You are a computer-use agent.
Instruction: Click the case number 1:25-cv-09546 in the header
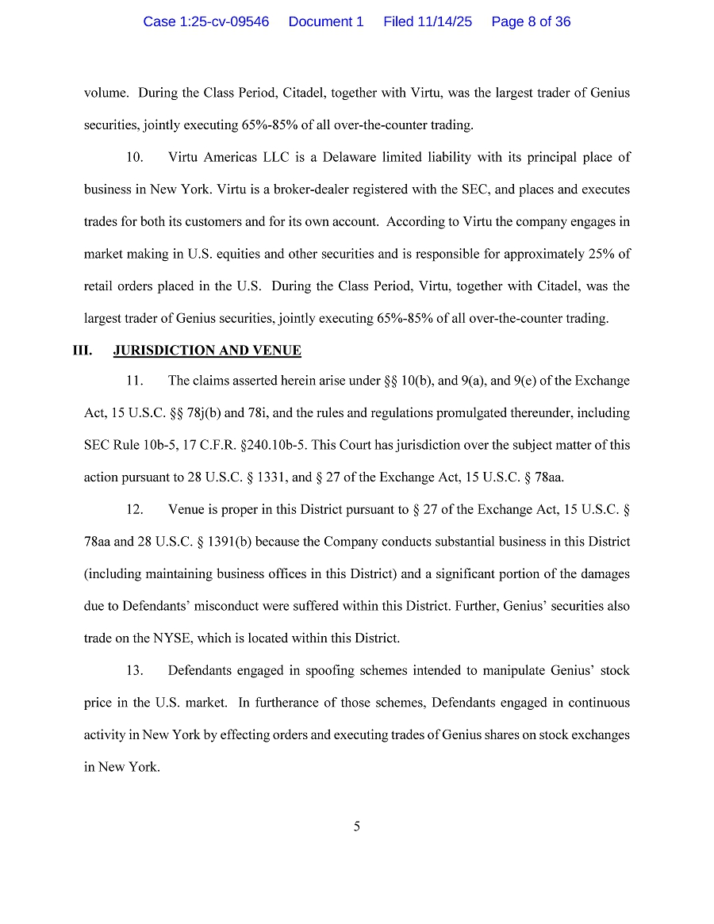[x=205, y=22]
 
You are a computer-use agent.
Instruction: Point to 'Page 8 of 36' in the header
[x=531, y=22]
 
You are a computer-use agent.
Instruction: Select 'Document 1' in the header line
[x=326, y=22]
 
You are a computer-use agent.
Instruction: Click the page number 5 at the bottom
[x=357, y=826]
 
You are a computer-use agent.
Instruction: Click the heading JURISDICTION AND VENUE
[x=207, y=351]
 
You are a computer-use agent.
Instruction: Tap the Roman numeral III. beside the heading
[x=83, y=351]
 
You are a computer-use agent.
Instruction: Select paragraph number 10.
[x=135, y=157]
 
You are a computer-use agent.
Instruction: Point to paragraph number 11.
[x=135, y=381]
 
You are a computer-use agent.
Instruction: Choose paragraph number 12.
[x=135, y=509]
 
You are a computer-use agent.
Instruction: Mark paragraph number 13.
[x=135, y=671]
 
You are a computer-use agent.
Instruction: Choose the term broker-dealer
[x=234, y=190]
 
